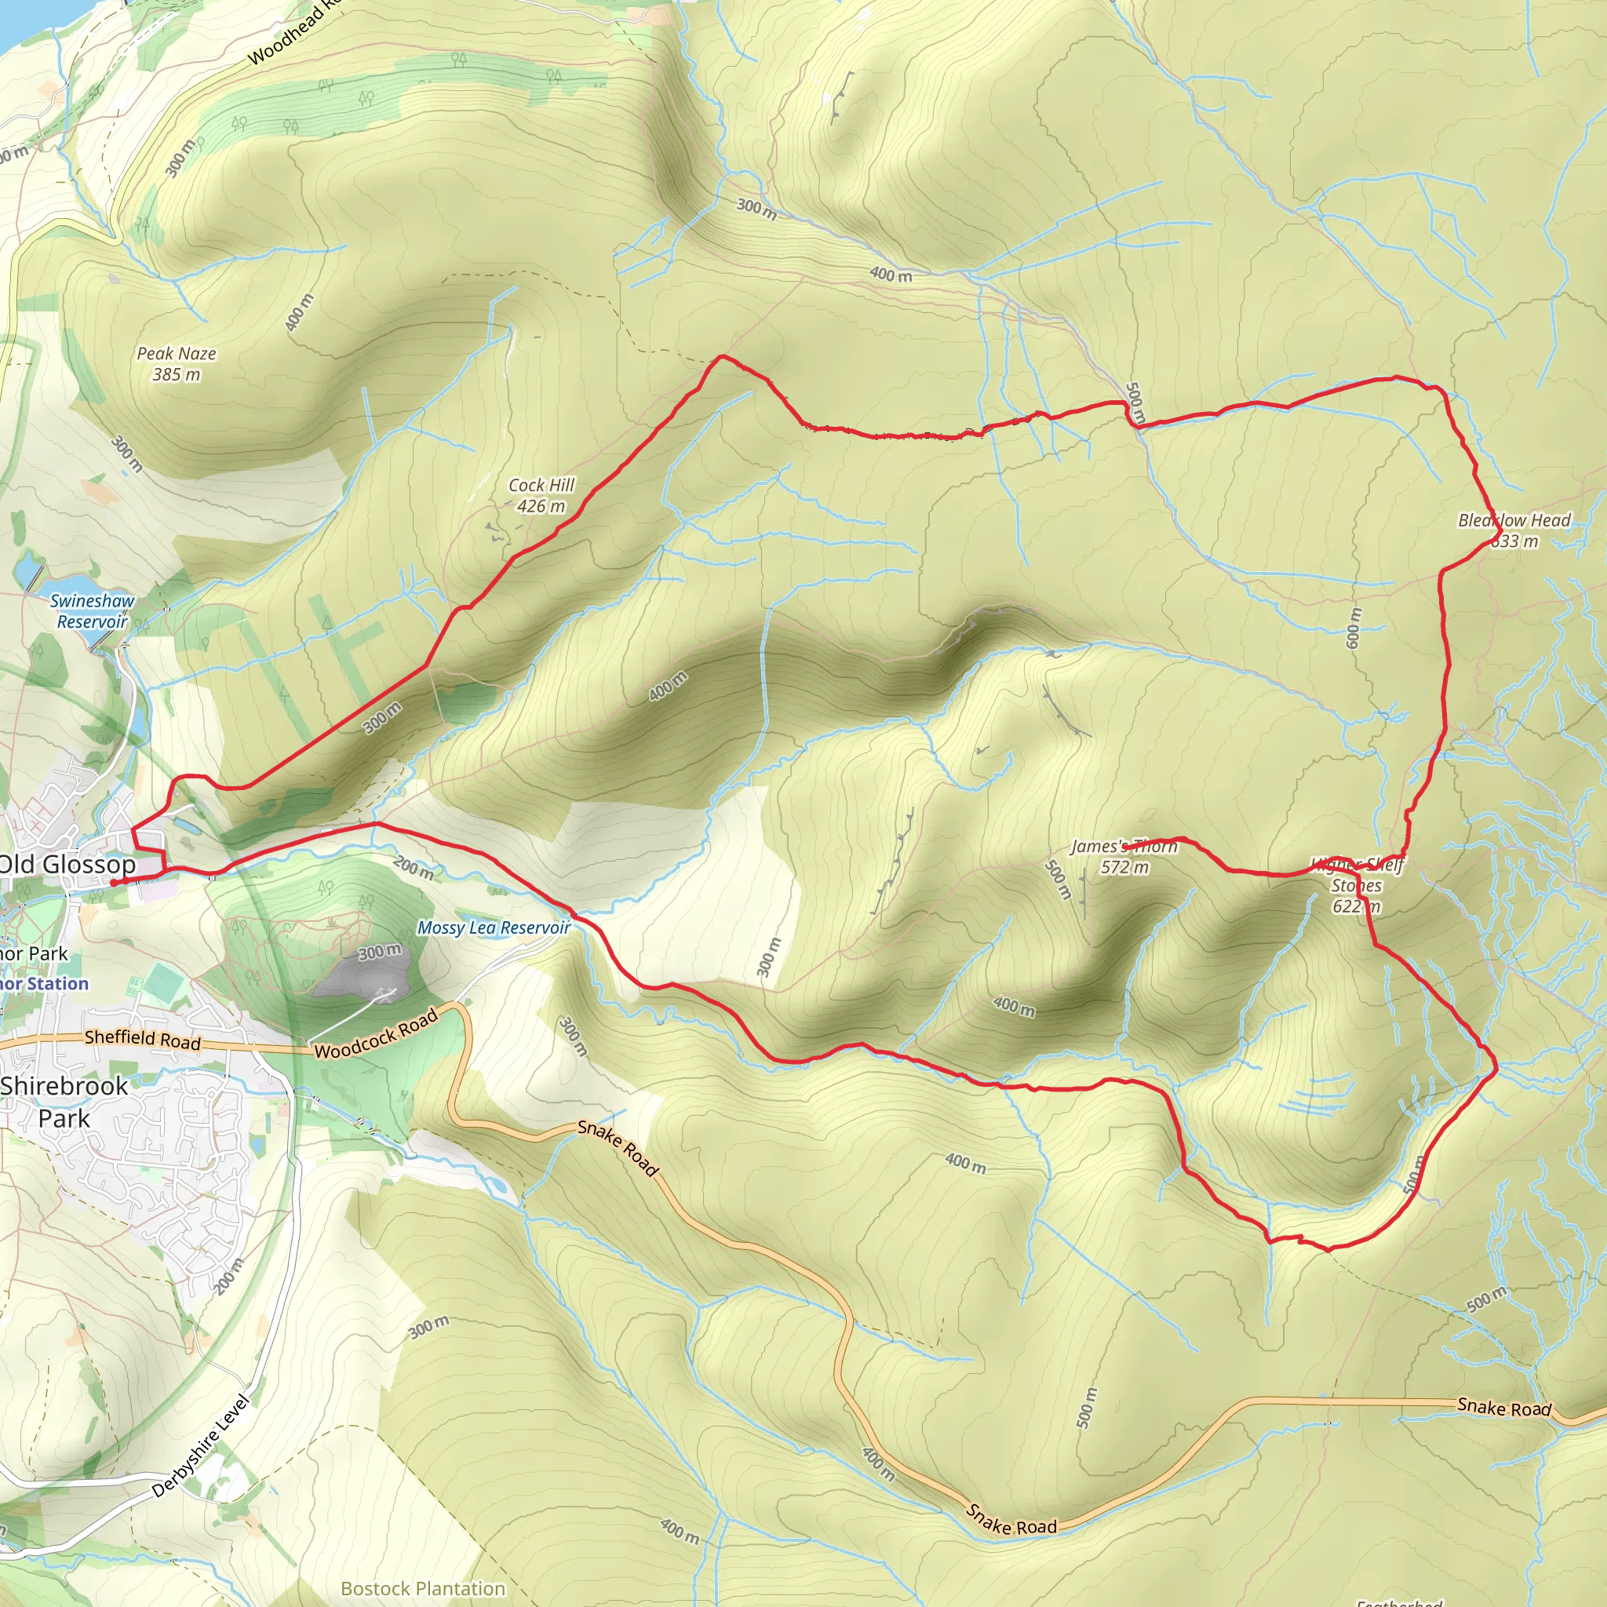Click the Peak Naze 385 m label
[177, 363]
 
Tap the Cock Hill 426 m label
[541, 495]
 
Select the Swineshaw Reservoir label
[92, 610]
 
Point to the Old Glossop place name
[67, 864]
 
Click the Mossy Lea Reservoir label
[494, 927]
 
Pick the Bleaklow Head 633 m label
[1514, 530]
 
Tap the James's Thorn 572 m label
[1124, 856]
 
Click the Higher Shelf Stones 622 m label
[1357, 885]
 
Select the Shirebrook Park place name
[64, 1101]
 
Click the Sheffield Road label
[143, 1038]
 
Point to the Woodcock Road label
[376, 1034]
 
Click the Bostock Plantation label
[423, 1588]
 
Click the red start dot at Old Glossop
[113, 883]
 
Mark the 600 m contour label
[1354, 628]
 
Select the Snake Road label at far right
[1504, 1407]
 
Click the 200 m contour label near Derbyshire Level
[229, 1276]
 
